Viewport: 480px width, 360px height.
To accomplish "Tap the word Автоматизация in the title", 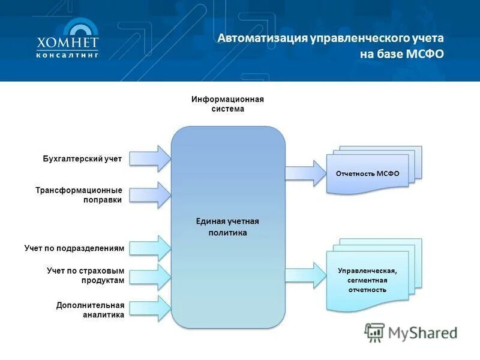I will pos(262,38).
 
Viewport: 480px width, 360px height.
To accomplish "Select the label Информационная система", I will pos(227,104).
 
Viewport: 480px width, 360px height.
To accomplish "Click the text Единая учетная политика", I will pos(227,227).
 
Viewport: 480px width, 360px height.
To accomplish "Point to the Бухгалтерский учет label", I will pos(82,159).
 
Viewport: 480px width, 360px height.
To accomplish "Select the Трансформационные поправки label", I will pos(79,195).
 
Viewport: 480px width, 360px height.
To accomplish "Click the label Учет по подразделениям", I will pos(74,248).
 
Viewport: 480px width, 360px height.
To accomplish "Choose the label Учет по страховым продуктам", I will pos(85,275).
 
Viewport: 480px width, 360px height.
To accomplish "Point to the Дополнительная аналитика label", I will pos(90,310).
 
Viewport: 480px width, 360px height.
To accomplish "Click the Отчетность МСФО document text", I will pos(367,174).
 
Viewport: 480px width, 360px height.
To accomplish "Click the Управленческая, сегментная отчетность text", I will pos(367,280).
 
